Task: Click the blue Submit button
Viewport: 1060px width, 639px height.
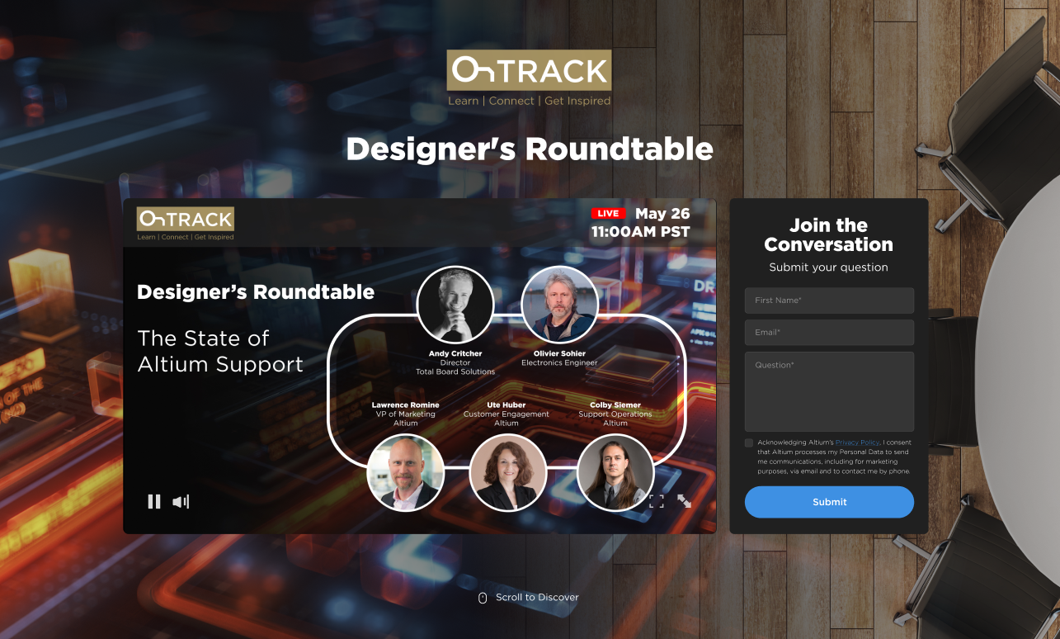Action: pos(829,502)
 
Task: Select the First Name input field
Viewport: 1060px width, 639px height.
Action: pos(829,301)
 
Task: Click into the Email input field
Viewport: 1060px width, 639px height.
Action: pos(829,333)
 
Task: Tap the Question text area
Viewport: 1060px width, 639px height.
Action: pos(829,391)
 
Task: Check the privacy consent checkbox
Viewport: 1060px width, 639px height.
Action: pos(749,443)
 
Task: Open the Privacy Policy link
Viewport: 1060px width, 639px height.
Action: pos(857,443)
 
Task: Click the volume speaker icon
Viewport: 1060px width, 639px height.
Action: pos(181,502)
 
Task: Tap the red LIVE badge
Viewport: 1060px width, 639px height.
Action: pos(608,213)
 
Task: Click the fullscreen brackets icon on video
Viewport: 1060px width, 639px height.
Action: pos(657,501)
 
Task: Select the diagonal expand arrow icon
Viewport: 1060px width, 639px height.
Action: pos(685,501)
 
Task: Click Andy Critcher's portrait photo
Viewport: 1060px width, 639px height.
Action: pos(455,305)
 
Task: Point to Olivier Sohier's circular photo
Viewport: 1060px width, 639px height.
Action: pos(559,305)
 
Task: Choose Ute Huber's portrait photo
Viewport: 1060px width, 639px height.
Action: pos(508,472)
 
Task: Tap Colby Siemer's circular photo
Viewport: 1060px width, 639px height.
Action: pos(615,472)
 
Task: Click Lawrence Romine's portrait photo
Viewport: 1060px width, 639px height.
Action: pos(406,472)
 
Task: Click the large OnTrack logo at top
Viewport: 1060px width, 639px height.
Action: pos(529,70)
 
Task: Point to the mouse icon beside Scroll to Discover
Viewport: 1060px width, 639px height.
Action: pos(483,598)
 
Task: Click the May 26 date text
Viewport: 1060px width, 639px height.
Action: pos(662,214)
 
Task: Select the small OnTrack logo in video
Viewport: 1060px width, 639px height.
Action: pos(186,219)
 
